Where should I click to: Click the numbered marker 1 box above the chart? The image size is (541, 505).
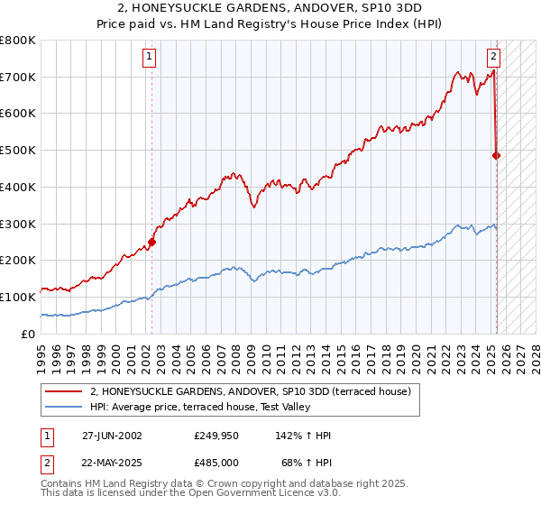click(x=149, y=57)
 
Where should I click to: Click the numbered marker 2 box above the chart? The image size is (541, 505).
click(x=494, y=57)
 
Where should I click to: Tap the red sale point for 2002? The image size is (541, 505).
click(x=152, y=242)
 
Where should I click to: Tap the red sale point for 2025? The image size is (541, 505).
click(x=497, y=155)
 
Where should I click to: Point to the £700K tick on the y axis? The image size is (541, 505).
click(x=23, y=77)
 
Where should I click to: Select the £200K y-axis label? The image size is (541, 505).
click(x=23, y=260)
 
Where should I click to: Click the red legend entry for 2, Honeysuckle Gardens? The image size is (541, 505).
click(x=251, y=391)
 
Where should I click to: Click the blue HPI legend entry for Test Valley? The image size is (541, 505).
click(x=199, y=408)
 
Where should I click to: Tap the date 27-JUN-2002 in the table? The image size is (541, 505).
click(x=112, y=436)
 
